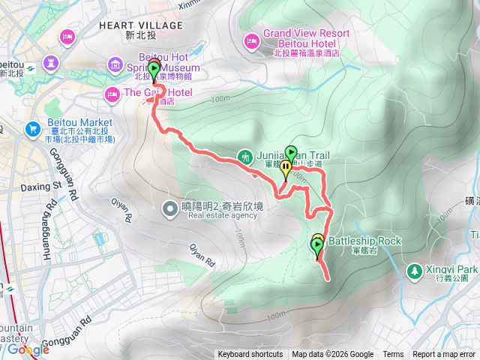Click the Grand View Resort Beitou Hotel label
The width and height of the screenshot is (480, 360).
(x=305, y=39)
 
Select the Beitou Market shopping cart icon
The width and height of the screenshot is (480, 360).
(x=33, y=128)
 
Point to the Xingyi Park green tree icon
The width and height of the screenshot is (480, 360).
(x=413, y=269)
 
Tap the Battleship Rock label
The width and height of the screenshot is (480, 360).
(x=365, y=241)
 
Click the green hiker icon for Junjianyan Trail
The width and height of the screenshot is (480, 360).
(x=245, y=157)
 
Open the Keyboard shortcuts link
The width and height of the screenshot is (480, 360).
(x=250, y=355)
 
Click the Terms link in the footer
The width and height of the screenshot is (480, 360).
(x=392, y=355)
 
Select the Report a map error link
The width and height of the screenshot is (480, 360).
(x=445, y=355)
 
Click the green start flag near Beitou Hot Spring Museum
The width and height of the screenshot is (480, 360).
(x=154, y=71)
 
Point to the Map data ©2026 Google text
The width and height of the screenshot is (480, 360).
(x=332, y=355)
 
